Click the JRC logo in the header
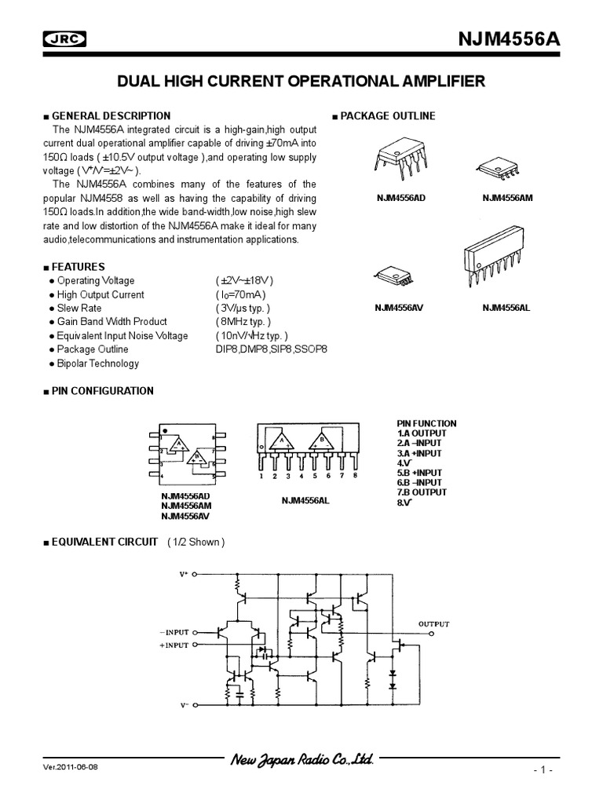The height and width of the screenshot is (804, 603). point(64,41)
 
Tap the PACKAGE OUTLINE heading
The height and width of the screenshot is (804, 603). point(387,116)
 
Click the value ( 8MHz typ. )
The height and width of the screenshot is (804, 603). point(243,322)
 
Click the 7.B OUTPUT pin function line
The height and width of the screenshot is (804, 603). point(422,492)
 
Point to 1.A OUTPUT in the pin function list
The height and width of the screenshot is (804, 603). point(422,433)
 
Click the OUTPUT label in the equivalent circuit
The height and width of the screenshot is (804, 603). point(433,624)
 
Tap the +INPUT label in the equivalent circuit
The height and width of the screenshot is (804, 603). point(174,645)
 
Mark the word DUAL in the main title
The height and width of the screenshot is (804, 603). point(138,81)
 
